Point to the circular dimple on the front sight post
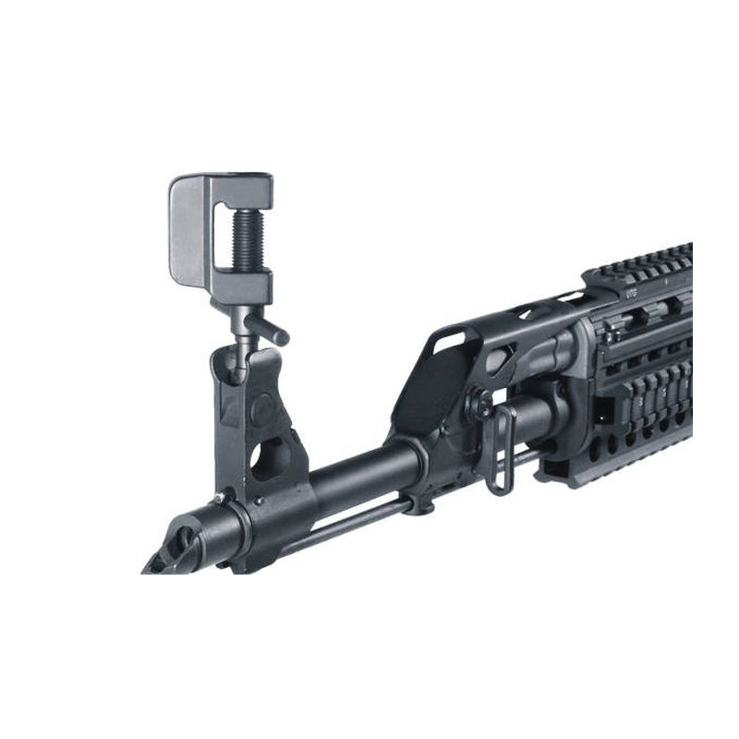pyautogui.click(x=264, y=406)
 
